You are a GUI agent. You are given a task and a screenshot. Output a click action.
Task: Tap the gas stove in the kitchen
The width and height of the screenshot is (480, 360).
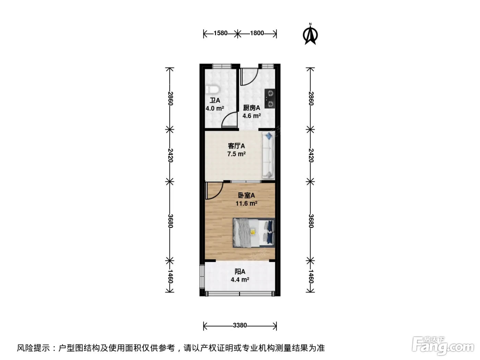pos(269,98)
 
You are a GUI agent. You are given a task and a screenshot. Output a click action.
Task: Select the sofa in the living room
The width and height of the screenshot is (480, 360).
pos(268,155)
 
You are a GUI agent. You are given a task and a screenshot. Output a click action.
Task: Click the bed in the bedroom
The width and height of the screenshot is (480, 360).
pos(254,233)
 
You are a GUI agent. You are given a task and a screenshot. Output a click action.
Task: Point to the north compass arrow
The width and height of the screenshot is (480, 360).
pos(310,35)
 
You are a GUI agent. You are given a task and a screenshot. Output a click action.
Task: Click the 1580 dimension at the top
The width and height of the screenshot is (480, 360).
pos(220,33)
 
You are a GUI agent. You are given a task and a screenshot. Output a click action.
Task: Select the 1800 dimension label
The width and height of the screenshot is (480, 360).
pos(257,33)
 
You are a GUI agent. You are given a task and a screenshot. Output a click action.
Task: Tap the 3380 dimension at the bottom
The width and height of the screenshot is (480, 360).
pos(240,325)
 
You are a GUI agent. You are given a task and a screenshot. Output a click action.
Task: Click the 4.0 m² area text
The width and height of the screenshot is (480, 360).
pos(215,108)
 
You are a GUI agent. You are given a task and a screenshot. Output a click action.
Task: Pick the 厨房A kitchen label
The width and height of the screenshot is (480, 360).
pos(252,108)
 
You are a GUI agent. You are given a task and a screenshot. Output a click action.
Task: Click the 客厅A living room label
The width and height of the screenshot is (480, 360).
pos(236,146)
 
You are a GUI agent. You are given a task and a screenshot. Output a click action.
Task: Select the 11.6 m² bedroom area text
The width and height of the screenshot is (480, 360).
pos(247,204)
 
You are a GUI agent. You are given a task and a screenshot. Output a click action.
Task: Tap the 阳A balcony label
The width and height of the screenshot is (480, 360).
pos(240,272)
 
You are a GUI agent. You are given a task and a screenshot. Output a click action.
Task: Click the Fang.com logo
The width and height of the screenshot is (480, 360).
pos(443,345)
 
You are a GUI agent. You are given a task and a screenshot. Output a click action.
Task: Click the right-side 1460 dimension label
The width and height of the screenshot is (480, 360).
pos(311,276)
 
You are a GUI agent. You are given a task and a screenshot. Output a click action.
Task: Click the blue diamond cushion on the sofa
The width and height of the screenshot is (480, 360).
pos(268,136)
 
